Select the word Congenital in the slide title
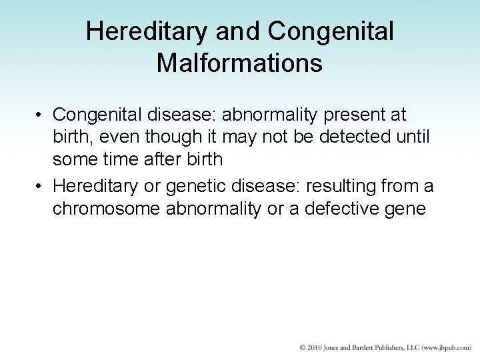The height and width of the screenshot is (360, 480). point(331,31)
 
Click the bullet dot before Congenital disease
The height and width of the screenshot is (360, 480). point(41,115)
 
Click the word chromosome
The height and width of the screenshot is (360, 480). point(105,209)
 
